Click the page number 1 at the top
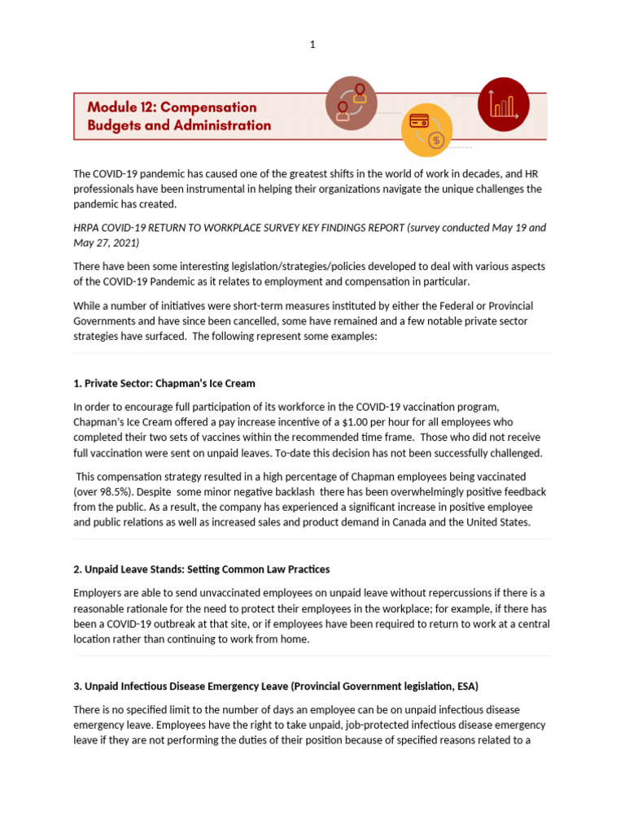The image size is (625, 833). (x=312, y=45)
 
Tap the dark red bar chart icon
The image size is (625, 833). (x=503, y=104)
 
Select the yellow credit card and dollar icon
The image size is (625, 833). (x=428, y=129)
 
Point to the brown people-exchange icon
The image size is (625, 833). (x=352, y=103)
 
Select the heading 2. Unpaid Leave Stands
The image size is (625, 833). (x=201, y=569)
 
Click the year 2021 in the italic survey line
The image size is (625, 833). (x=128, y=243)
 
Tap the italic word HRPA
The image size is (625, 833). (x=86, y=228)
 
